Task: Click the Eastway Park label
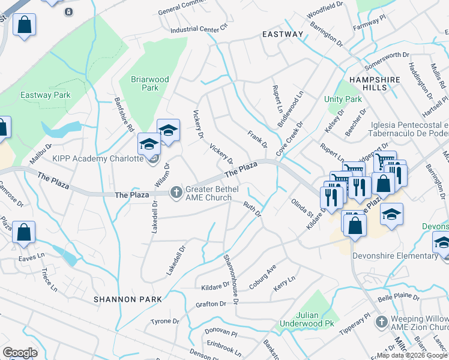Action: click(x=46, y=95)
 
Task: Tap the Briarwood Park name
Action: click(x=150, y=83)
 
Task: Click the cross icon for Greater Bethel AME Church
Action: click(x=176, y=192)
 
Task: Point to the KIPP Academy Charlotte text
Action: click(x=98, y=158)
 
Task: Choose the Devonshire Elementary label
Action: click(x=405, y=256)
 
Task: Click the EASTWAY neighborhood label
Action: click(x=283, y=34)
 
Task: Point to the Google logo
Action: click(x=20, y=352)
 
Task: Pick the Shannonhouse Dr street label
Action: click(x=231, y=277)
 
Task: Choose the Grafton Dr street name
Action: click(x=210, y=304)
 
